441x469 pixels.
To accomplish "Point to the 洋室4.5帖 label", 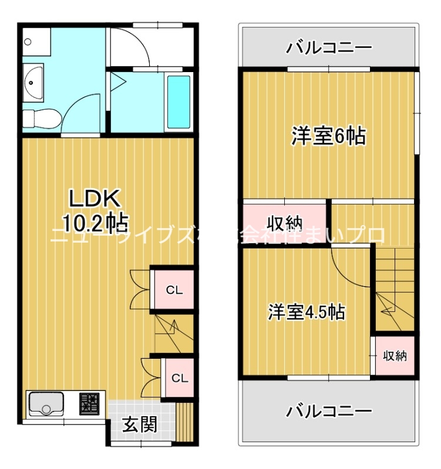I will (x=306, y=311).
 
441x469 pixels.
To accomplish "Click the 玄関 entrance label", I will (x=139, y=424).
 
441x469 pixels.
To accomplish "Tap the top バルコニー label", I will (x=329, y=47).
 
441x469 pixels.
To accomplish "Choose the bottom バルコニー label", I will (x=329, y=411).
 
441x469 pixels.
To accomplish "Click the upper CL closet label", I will (x=173, y=290).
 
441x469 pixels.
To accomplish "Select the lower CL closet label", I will (x=179, y=378).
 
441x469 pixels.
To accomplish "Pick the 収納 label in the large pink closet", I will (x=285, y=223).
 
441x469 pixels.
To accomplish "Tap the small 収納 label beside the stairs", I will (x=395, y=356).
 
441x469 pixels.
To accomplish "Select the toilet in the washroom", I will (x=41, y=117).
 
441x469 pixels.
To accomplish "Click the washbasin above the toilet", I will (x=32, y=82).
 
